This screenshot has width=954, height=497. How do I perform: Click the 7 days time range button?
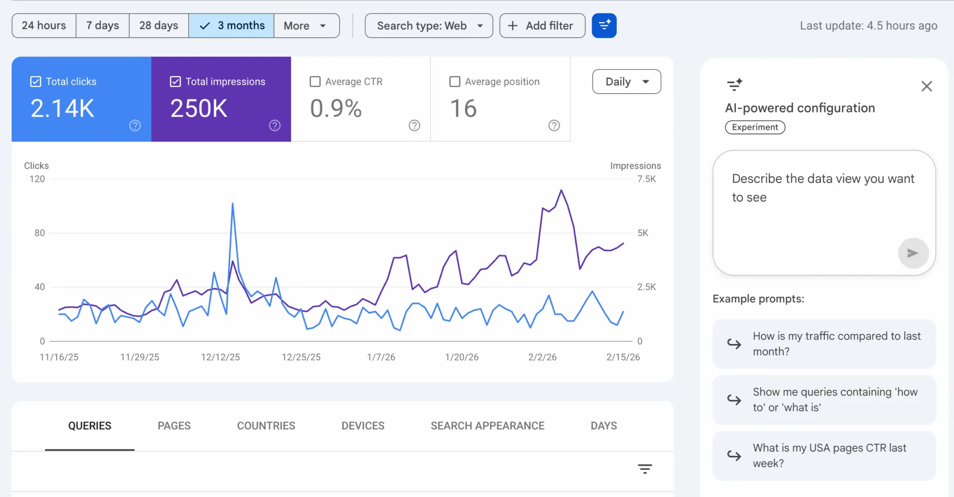[102, 26]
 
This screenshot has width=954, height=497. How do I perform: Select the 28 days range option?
[158, 26]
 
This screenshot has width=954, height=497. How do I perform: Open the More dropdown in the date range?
[306, 26]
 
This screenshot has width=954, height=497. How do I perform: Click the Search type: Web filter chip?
[429, 26]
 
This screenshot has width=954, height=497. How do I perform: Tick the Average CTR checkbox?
[315, 82]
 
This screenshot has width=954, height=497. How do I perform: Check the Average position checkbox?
[455, 82]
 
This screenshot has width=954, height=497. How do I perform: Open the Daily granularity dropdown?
[627, 82]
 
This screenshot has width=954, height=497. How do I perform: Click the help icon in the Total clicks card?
[135, 125]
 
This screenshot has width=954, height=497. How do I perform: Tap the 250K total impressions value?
[199, 109]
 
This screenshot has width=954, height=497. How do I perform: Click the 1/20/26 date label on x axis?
[462, 357]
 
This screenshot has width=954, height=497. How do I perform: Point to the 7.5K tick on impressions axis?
[647, 179]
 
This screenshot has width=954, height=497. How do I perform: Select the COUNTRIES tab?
[266, 426]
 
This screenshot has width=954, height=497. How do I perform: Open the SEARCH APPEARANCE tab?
[487, 426]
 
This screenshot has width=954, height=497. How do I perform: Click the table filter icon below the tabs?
[645, 469]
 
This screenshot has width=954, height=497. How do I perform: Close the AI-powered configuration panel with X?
[927, 86]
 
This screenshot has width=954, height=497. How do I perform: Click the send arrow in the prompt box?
[913, 253]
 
